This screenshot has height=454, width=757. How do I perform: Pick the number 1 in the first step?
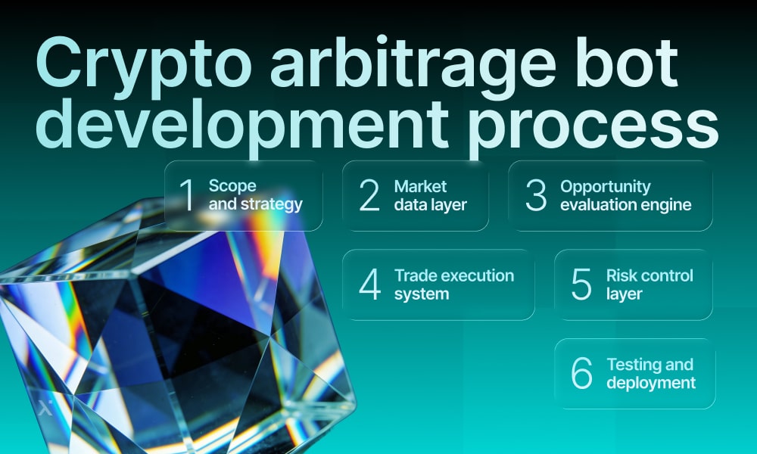pos(187,195)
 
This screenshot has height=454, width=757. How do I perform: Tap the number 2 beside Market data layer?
pos(369,195)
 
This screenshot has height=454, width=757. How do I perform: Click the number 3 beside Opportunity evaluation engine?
pos(536,195)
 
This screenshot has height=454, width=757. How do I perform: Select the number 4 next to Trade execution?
pos(369,285)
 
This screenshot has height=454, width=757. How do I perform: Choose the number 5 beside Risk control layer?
pos(581,285)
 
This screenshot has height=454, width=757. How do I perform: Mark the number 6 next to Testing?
pos(581,374)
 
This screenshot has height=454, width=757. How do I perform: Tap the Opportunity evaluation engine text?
pos(625,194)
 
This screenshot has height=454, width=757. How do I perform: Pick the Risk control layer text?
pos(650,284)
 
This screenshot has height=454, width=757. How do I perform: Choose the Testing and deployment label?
pos(650,373)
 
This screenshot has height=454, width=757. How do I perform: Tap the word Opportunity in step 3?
pos(605,186)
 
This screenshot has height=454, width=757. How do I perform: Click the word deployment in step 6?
pos(650,382)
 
